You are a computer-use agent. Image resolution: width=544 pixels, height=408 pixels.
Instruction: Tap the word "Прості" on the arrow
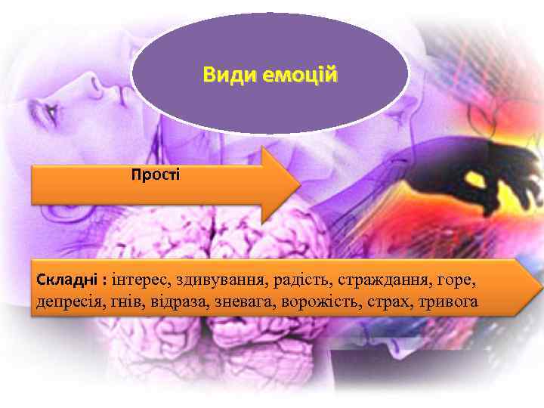tap(156, 175)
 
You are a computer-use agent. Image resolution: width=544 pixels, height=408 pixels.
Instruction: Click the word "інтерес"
tap(141, 281)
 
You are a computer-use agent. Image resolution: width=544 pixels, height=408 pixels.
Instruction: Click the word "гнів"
tap(125, 302)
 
